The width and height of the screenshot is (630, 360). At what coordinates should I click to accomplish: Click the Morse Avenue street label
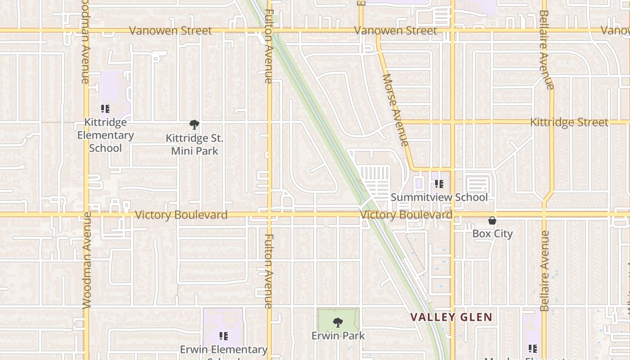pos(395,110)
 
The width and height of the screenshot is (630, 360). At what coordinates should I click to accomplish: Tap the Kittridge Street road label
pos(569,122)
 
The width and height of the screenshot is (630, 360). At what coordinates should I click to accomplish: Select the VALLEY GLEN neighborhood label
pos(451,317)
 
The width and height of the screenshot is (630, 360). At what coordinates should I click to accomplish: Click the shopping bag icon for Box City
pos(492,221)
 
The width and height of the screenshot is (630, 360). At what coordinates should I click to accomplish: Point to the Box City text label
pos(492,234)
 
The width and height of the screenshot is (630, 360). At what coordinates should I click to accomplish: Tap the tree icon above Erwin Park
pos(338,323)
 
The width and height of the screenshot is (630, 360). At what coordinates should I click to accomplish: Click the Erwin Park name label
pos(338,336)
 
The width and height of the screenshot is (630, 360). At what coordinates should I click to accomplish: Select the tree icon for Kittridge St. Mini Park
pos(194,125)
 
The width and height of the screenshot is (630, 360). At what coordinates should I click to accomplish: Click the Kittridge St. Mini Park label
pos(194,144)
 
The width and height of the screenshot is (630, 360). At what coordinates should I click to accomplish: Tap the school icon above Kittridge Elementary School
pos(105,109)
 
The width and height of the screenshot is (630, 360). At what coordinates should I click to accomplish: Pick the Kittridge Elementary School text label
pos(105,135)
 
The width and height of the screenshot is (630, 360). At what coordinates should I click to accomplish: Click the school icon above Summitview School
pos(439,184)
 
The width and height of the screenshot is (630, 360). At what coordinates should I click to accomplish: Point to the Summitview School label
pos(439,197)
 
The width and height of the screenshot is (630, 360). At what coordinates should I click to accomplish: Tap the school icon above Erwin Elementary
pos(223,336)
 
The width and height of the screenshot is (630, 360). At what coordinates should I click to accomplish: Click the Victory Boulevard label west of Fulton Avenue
pos(181,215)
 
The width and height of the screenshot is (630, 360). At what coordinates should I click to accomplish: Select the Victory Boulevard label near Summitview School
pos(406,215)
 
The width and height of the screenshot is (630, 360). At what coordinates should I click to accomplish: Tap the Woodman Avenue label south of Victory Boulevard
pos(87,260)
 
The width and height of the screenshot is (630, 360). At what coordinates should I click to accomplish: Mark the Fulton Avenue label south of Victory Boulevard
pos(269,271)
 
